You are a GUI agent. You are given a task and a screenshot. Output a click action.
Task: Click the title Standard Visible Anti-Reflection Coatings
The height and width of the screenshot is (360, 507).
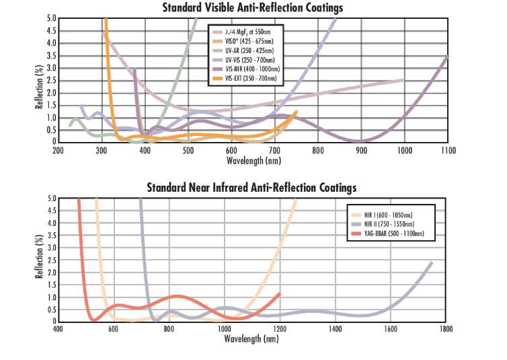tap(253, 8)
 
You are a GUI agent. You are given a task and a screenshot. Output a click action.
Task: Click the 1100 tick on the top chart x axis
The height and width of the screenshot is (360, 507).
tap(447, 150)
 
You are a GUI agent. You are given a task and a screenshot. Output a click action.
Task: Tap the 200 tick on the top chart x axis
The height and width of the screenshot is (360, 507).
tap(58, 150)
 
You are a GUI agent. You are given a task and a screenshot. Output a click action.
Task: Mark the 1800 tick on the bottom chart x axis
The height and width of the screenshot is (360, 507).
tap(446, 329)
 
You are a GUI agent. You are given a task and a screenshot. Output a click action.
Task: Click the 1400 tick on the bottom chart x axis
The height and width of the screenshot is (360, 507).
tap(334, 329)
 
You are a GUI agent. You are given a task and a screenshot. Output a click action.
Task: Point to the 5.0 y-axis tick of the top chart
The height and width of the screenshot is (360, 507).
tap(51, 19)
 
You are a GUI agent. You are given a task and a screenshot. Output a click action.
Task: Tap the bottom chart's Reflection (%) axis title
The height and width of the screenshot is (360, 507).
tap(40, 260)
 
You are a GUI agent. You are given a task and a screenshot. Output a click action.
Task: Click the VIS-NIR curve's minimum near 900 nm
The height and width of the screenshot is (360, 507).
tap(360, 141)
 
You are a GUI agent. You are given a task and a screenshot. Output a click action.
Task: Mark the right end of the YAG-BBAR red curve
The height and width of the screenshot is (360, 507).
tap(279, 293)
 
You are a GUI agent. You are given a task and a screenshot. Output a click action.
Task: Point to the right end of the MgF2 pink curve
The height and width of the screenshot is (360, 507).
tap(403, 80)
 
